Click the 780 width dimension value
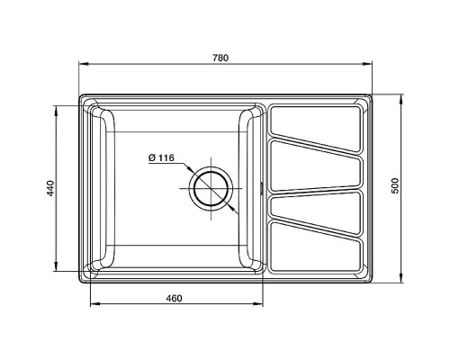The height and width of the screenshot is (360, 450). coord(220,58)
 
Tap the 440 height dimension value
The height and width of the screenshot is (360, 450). coord(51,188)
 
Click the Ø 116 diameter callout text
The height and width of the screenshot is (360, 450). coord(161,158)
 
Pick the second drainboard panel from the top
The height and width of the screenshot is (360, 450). coord(319,167)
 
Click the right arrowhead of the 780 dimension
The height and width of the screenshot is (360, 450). coord(370,65)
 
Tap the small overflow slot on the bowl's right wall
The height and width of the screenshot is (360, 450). coord(262,188)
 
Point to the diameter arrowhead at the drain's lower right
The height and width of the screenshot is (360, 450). coord(236,211)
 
